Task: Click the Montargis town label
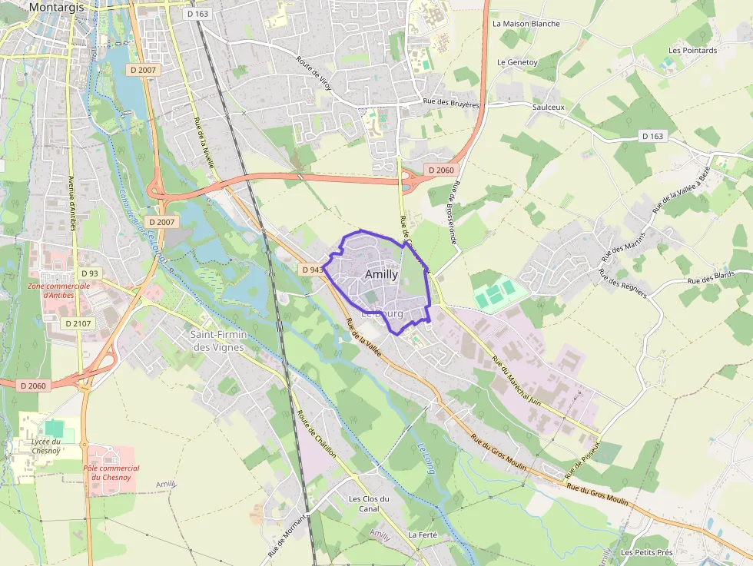click(x=55, y=7)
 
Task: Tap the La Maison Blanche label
click(x=526, y=24)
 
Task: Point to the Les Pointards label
click(x=692, y=51)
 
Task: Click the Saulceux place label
click(x=548, y=108)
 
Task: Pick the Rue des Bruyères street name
click(x=451, y=104)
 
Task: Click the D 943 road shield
click(x=312, y=270)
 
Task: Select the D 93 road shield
click(x=90, y=273)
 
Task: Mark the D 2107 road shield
click(x=78, y=323)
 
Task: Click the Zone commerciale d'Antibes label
click(x=58, y=290)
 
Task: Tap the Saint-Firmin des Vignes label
click(x=217, y=341)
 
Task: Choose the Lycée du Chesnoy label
click(x=46, y=446)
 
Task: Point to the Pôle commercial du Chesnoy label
click(x=111, y=472)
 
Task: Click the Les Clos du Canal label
click(x=369, y=503)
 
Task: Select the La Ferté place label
click(x=423, y=535)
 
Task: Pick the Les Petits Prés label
click(x=647, y=552)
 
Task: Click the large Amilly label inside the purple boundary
click(x=382, y=274)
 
